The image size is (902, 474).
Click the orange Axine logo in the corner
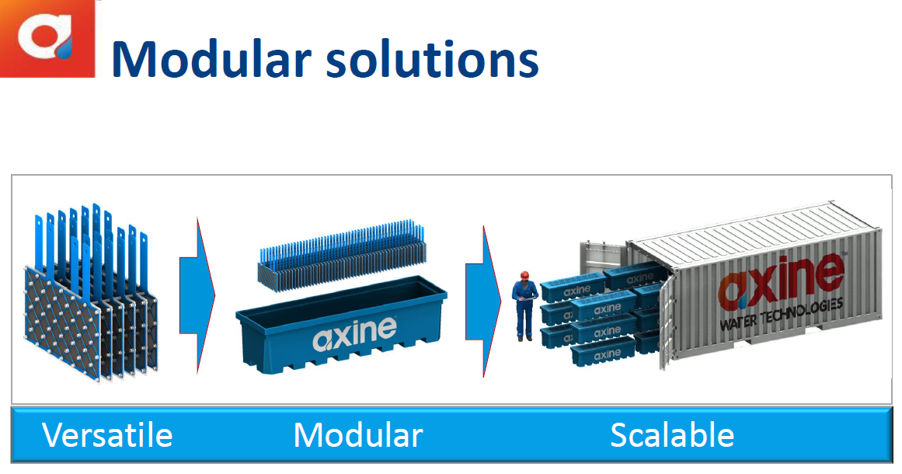coord(47,38)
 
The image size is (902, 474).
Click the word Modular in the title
coord(211,59)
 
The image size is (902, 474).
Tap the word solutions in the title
coord(432,59)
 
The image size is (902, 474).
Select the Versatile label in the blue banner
coord(107,435)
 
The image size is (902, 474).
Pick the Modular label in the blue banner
coord(358,435)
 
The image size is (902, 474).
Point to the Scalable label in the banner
coord(672,435)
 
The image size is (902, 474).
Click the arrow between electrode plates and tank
coord(197,296)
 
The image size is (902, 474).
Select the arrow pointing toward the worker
coord(483,301)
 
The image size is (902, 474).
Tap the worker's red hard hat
coord(524,275)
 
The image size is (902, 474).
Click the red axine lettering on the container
coord(782,282)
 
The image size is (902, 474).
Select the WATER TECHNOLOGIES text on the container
coord(782,315)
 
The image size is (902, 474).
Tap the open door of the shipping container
coord(667,323)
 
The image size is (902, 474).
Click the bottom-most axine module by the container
coord(603,352)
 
